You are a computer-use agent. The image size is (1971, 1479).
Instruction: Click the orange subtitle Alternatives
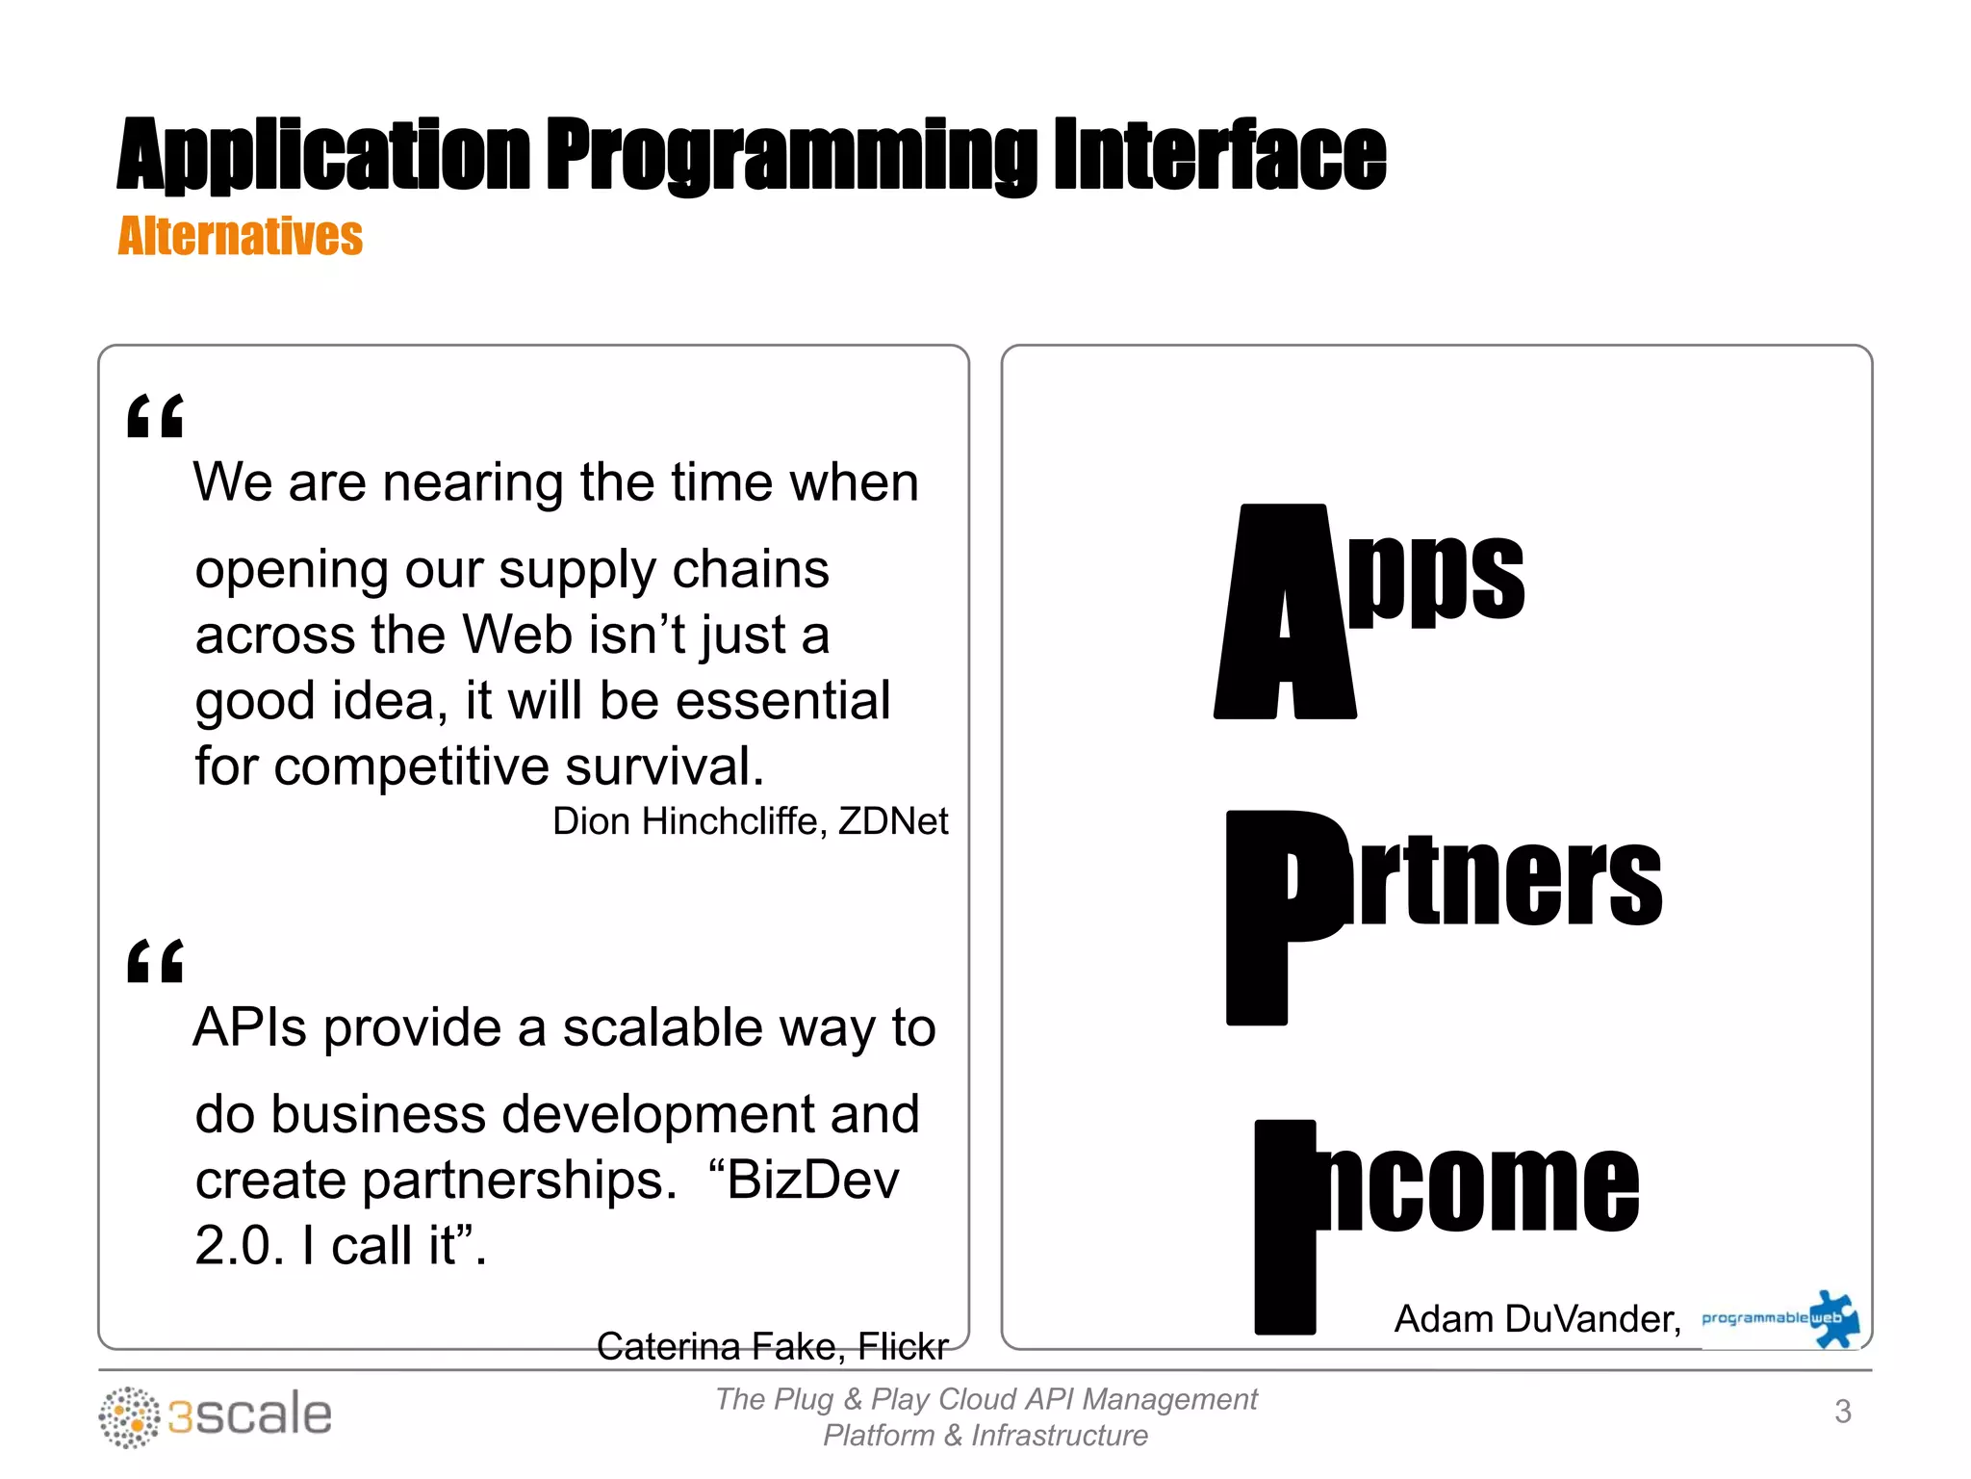(240, 237)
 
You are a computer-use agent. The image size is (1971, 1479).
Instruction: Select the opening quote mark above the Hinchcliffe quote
(155, 416)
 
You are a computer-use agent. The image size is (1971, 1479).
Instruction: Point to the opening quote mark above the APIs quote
(155, 961)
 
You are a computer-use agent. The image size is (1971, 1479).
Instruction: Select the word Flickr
(902, 1346)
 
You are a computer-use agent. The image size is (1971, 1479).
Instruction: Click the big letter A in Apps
(1285, 611)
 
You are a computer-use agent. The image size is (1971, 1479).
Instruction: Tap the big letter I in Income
(1285, 1227)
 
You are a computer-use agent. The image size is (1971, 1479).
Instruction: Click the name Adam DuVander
(1536, 1319)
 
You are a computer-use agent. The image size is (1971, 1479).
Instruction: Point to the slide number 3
(1842, 1412)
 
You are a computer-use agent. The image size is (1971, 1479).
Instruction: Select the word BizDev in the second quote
(813, 1181)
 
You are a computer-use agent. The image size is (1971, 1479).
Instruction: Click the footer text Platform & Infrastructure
(985, 1436)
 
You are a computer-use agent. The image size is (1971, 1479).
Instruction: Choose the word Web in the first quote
(517, 636)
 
